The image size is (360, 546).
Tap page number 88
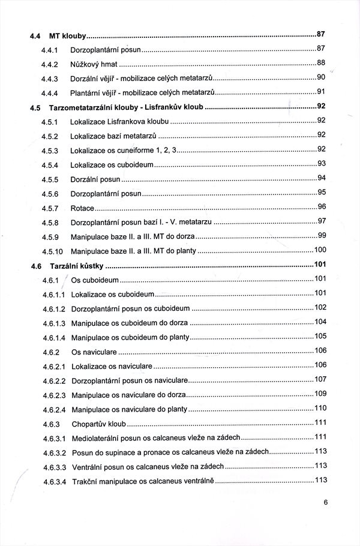pos(320,62)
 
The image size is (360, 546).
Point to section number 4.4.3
pos(49,79)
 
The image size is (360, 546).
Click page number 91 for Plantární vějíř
pos(320,91)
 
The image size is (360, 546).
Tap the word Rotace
pos(82,208)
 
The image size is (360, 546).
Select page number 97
pos(321,221)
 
